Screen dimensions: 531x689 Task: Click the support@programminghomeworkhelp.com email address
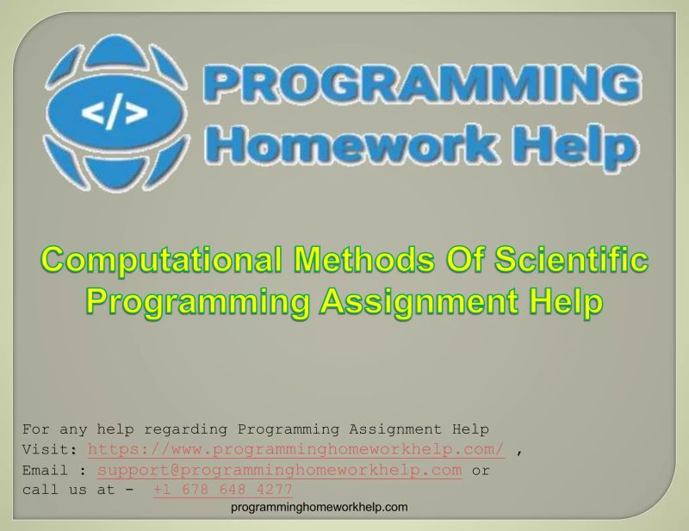point(280,470)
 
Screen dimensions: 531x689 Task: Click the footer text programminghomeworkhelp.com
point(320,508)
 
